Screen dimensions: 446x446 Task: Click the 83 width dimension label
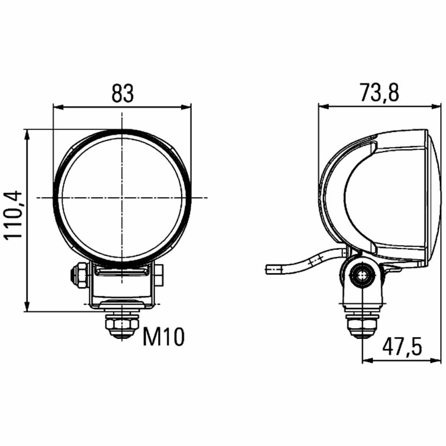click(122, 93)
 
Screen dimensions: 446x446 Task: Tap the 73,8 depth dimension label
click(379, 93)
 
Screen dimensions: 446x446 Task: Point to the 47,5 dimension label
click(402, 347)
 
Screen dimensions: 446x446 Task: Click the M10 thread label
click(164, 337)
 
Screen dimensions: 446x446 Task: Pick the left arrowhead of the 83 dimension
click(58, 107)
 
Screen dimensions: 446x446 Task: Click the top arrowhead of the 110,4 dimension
click(27, 135)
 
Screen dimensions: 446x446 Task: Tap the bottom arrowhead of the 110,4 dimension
click(27, 307)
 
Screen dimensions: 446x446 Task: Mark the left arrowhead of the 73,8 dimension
click(324, 107)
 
